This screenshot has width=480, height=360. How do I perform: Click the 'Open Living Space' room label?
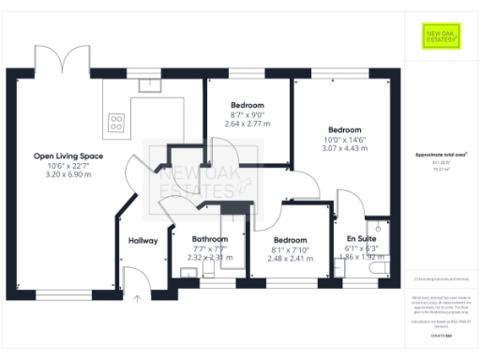click(x=68, y=156)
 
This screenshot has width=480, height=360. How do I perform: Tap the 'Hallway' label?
click(x=143, y=241)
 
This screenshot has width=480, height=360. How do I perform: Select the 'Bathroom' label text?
click(x=209, y=239)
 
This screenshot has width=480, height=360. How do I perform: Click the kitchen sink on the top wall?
click(x=148, y=85)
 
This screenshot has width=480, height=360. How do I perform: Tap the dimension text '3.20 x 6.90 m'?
click(x=68, y=175)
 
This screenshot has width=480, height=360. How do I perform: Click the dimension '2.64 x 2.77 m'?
click(x=247, y=123)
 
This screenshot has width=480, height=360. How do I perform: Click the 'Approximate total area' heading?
click(x=440, y=154)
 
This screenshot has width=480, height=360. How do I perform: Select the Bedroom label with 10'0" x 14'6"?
click(x=345, y=129)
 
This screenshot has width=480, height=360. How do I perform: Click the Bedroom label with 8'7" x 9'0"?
click(x=247, y=105)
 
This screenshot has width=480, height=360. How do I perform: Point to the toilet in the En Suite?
click(x=378, y=270)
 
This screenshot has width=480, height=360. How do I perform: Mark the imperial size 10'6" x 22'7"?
click(x=68, y=166)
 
